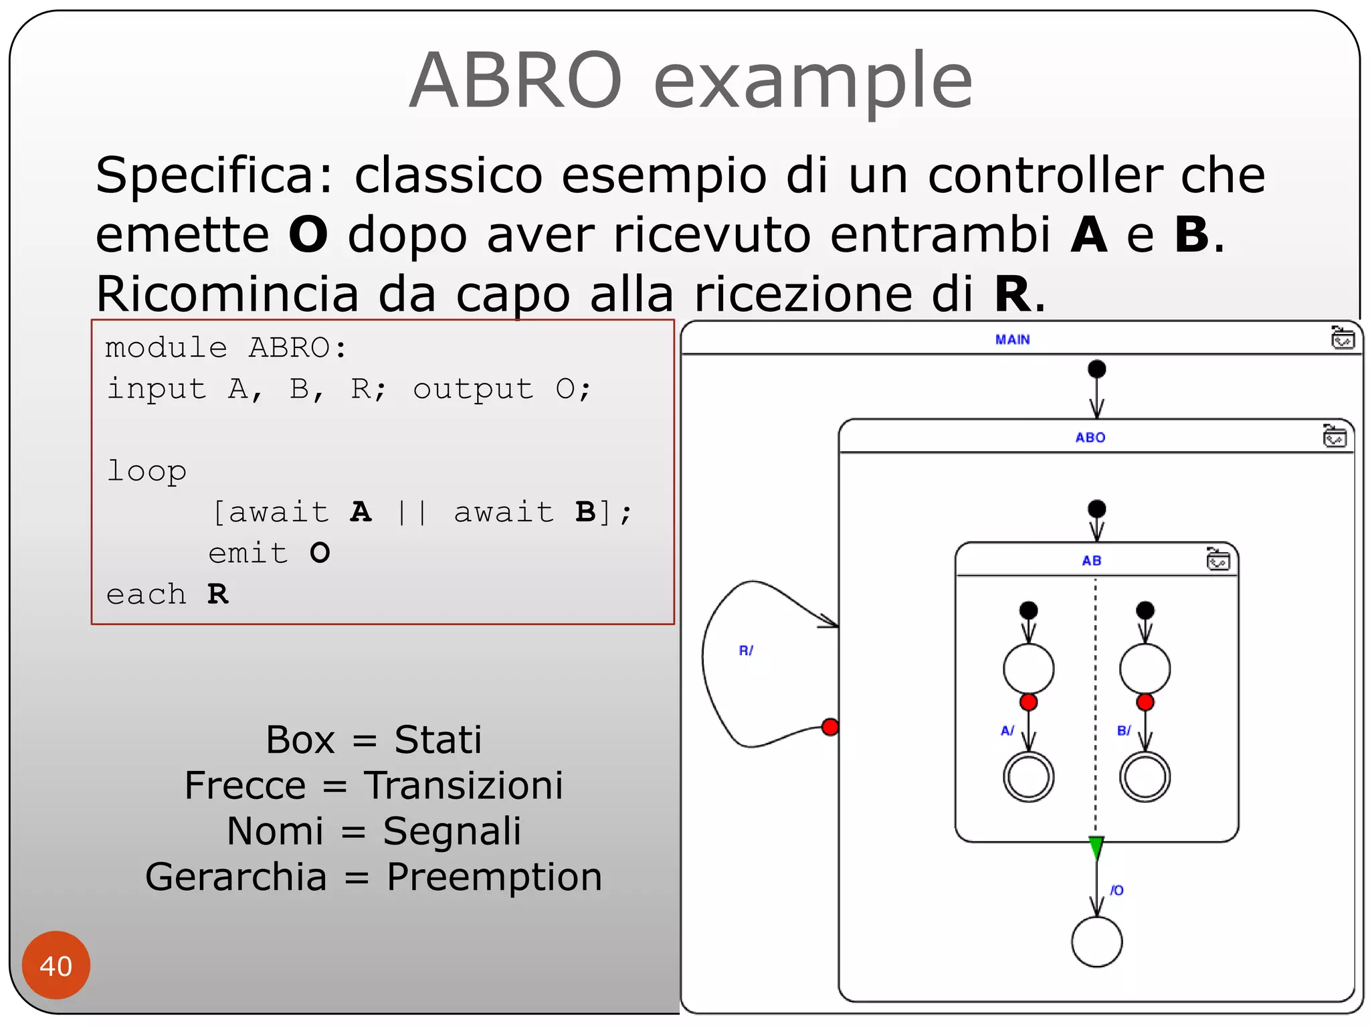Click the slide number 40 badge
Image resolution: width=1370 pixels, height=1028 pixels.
coord(56,965)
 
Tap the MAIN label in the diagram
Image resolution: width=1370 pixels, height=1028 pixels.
coord(1012,339)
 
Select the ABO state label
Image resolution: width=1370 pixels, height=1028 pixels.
coord(1090,437)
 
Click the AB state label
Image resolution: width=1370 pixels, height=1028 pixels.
coord(1092,560)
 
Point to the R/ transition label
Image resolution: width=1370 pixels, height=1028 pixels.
coord(746,650)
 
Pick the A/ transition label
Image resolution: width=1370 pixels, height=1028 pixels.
coord(1007,730)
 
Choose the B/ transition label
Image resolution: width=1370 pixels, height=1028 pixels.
coord(1124,730)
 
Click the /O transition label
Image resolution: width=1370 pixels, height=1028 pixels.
coord(1117,890)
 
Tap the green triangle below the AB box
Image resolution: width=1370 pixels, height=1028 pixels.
coord(1096,847)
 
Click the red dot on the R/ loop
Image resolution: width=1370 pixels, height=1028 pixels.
coord(830,727)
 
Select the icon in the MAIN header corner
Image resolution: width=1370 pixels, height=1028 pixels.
coord(1343,338)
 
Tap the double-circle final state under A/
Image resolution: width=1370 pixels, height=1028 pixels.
coord(1029,776)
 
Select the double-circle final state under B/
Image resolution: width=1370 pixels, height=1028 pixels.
coord(1145,776)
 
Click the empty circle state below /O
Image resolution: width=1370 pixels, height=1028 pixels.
coord(1096,941)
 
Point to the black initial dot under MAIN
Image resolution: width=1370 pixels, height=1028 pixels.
coord(1096,369)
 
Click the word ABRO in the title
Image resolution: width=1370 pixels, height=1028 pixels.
coord(516,80)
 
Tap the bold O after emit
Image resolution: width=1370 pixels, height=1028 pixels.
coord(320,553)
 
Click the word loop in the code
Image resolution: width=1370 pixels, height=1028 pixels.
coord(146,471)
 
